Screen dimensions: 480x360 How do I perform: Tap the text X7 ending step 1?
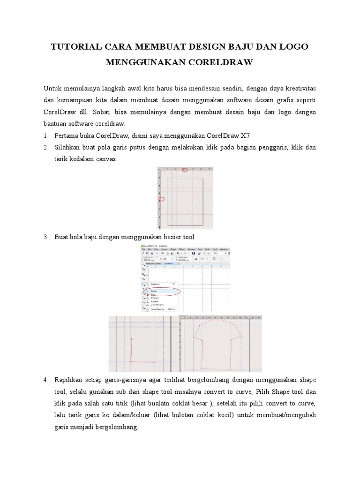(x=245, y=136)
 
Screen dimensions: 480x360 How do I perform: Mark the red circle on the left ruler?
(x=162, y=199)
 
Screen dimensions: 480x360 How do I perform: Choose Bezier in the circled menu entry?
(x=154, y=291)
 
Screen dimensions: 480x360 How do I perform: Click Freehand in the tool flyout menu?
(x=156, y=284)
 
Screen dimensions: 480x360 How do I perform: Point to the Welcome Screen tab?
(x=152, y=263)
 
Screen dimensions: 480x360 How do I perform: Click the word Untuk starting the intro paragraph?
(x=52, y=89)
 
